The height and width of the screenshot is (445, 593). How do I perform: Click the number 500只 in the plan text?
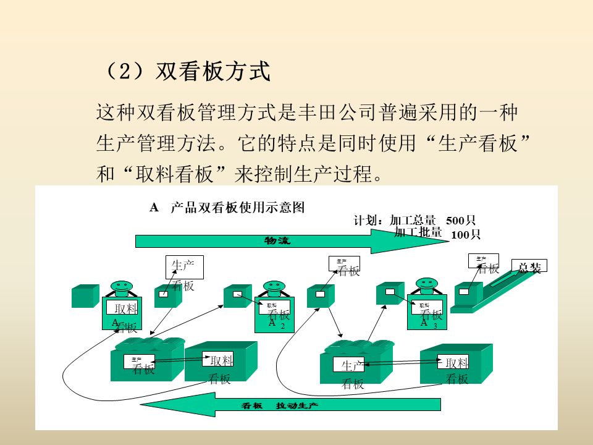(x=461, y=221)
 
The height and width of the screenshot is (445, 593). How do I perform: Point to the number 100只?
(x=466, y=234)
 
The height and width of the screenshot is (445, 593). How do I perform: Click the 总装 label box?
(x=530, y=267)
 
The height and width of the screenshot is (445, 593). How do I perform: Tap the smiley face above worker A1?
(x=122, y=287)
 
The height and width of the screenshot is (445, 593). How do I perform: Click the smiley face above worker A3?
(x=425, y=284)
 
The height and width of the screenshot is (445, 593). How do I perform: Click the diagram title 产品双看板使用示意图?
(x=238, y=208)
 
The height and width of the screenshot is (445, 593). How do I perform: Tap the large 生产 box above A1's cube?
(x=184, y=267)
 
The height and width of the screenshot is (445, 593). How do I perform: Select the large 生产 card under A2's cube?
(x=348, y=365)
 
